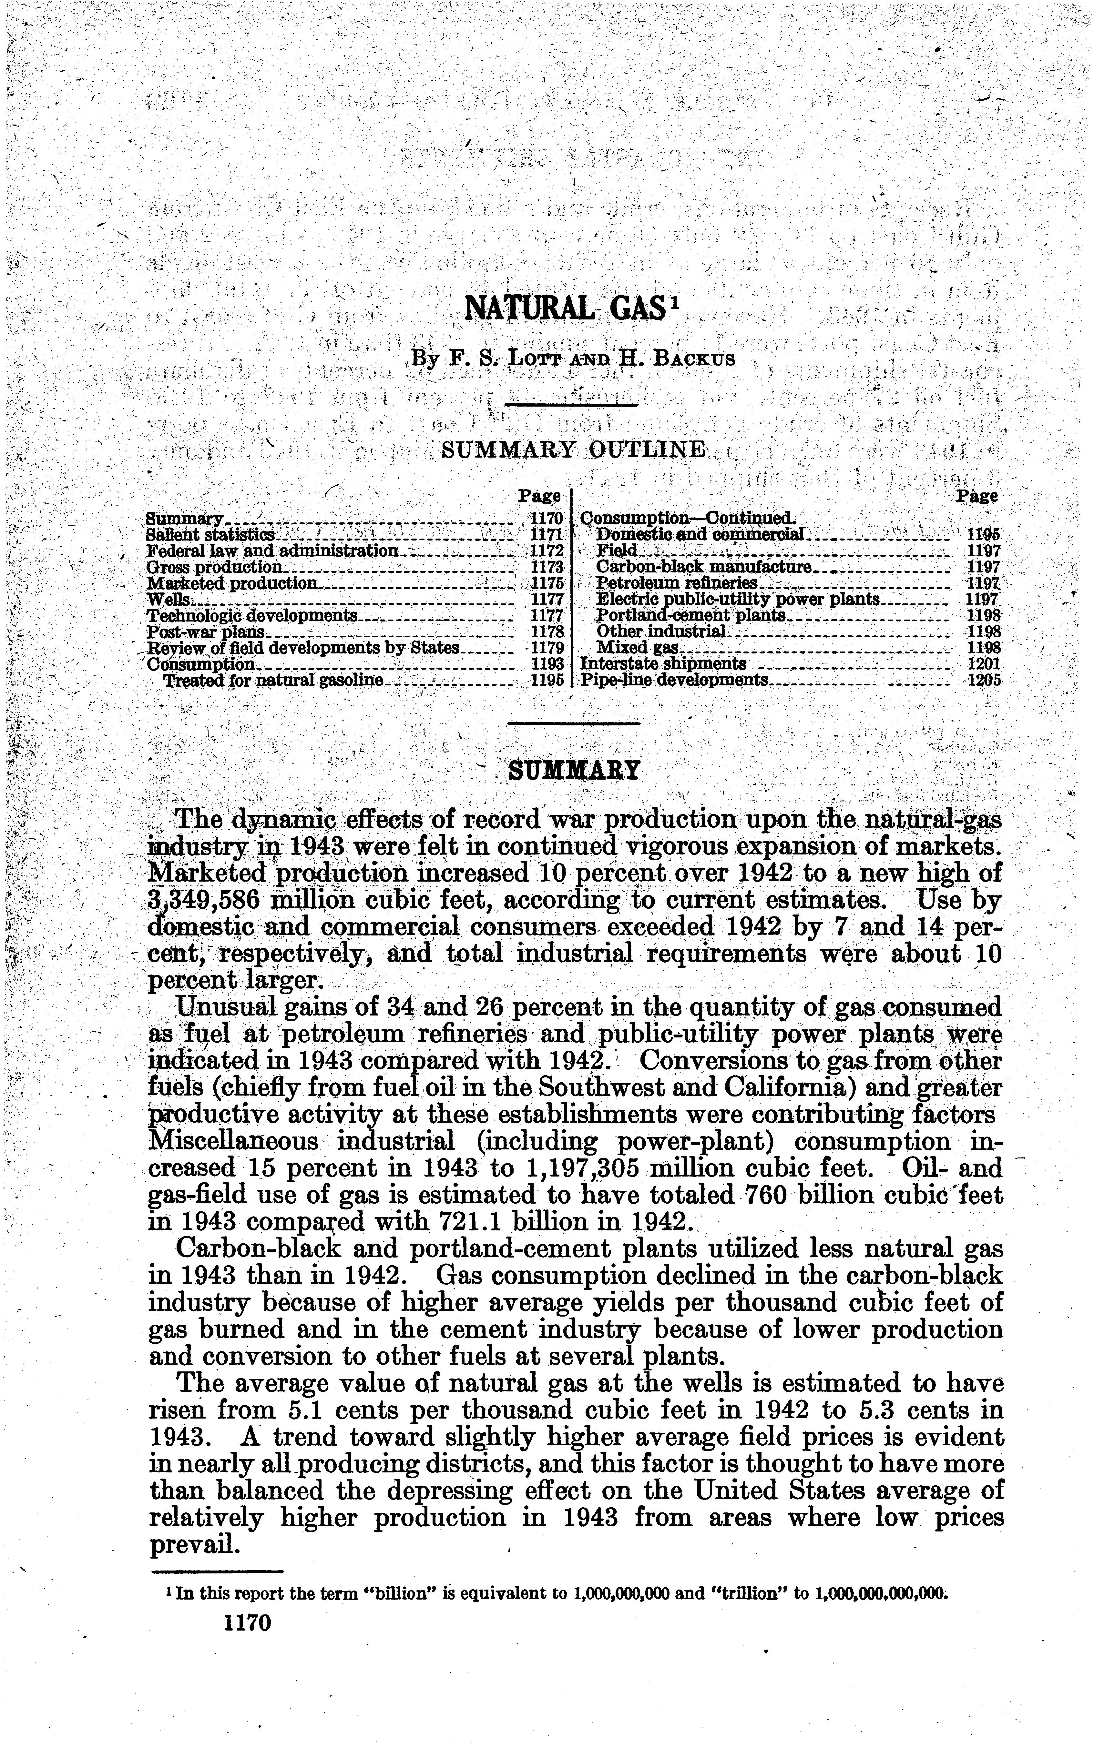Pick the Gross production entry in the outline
213,567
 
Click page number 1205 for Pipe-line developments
983,680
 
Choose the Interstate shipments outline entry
663,663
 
